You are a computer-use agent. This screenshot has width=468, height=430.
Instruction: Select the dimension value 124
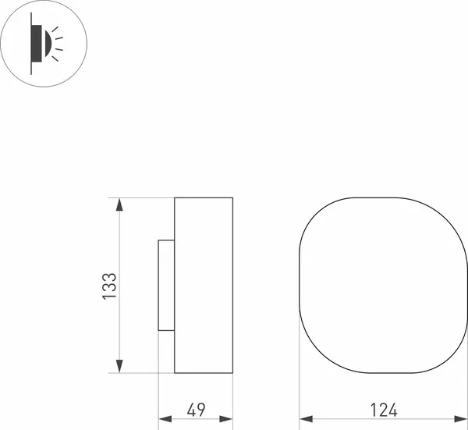[x=384, y=409]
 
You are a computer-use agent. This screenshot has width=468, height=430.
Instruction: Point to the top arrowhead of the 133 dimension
[x=119, y=205]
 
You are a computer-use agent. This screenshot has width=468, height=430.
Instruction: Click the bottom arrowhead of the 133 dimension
[x=119, y=366]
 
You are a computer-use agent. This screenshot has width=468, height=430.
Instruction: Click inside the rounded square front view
[x=383, y=286]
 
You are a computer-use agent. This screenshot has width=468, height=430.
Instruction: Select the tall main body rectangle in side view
[x=204, y=286]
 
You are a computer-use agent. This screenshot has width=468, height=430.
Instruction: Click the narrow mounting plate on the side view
[x=166, y=285]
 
